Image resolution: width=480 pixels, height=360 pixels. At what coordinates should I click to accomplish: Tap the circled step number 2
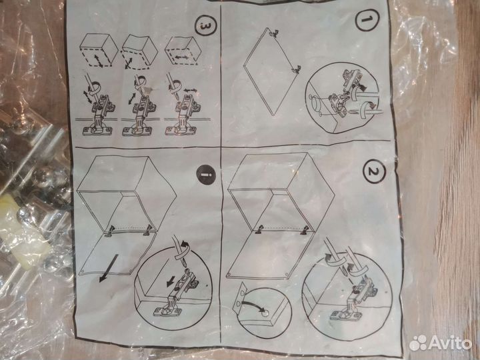[374, 175]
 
